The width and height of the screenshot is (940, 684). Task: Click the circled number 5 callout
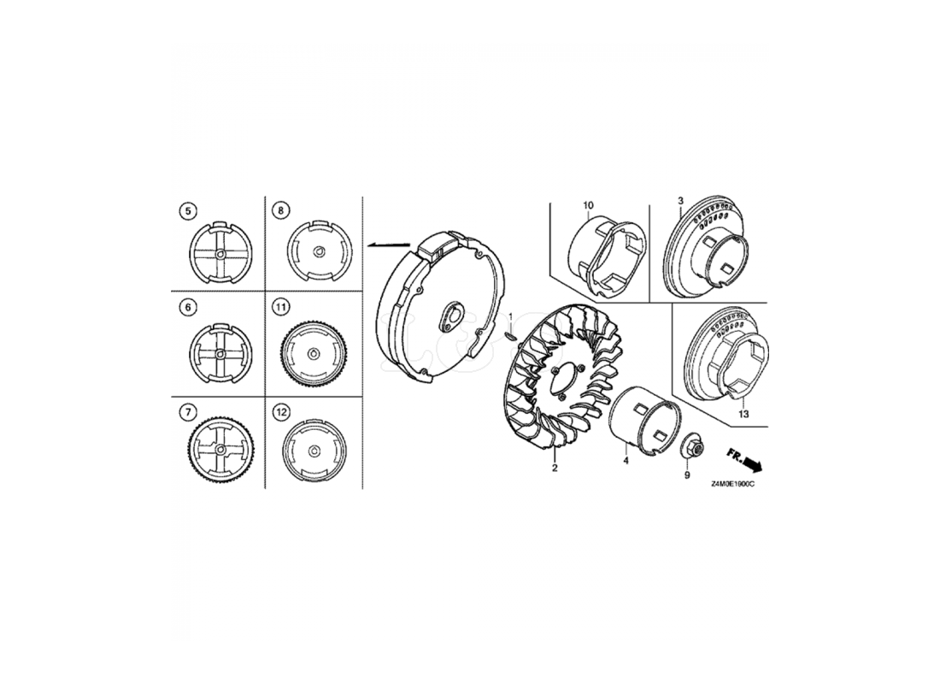188,210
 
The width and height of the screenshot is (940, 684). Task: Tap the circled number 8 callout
280,210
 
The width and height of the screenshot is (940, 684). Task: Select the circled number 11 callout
280,308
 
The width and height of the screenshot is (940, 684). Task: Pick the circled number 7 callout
188,412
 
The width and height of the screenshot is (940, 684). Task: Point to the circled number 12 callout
280,412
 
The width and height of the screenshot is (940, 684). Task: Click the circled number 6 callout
188,308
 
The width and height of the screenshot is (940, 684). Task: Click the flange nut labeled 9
694,446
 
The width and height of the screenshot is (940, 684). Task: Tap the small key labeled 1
509,334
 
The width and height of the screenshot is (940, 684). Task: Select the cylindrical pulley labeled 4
646,420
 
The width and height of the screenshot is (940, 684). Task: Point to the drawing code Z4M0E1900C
732,484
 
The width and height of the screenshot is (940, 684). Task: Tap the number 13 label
743,415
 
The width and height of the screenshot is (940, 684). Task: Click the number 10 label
588,206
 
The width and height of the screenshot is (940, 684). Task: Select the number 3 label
680,200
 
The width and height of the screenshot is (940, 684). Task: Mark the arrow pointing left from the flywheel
389,245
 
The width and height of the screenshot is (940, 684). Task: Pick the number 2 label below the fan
555,468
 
